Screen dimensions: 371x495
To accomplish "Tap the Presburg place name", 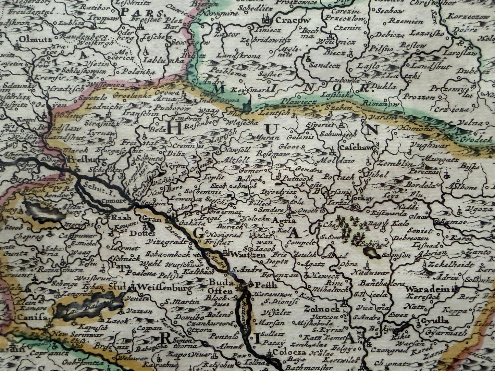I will (x=83, y=159).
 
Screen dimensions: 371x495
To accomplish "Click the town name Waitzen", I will (x=244, y=254).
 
